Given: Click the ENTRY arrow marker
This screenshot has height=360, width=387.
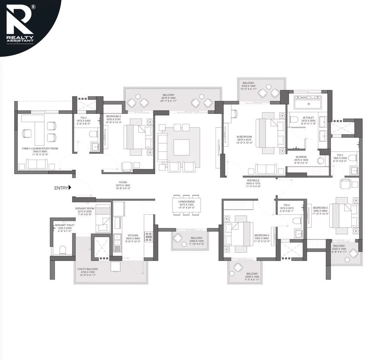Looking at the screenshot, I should [x=70, y=188].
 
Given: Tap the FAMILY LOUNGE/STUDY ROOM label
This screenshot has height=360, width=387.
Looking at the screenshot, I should [x=40, y=149].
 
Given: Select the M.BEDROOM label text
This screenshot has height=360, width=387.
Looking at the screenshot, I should [x=244, y=137].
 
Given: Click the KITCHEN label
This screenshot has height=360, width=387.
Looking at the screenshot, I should [x=133, y=235].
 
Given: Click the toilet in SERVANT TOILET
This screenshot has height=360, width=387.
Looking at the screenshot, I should [x=63, y=250].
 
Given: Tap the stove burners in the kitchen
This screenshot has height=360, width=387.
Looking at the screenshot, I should [x=149, y=236].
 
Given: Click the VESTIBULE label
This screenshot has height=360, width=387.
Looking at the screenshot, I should [x=253, y=180].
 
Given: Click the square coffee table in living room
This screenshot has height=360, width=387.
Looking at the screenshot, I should [x=181, y=147].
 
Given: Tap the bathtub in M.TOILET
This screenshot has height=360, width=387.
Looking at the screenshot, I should [x=308, y=104].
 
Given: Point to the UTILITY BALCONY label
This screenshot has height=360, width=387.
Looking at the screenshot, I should [x=87, y=269].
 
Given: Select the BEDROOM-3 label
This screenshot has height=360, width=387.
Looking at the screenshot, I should [x=262, y=235].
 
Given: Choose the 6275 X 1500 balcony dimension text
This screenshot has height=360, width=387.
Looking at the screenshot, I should [x=168, y=98].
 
